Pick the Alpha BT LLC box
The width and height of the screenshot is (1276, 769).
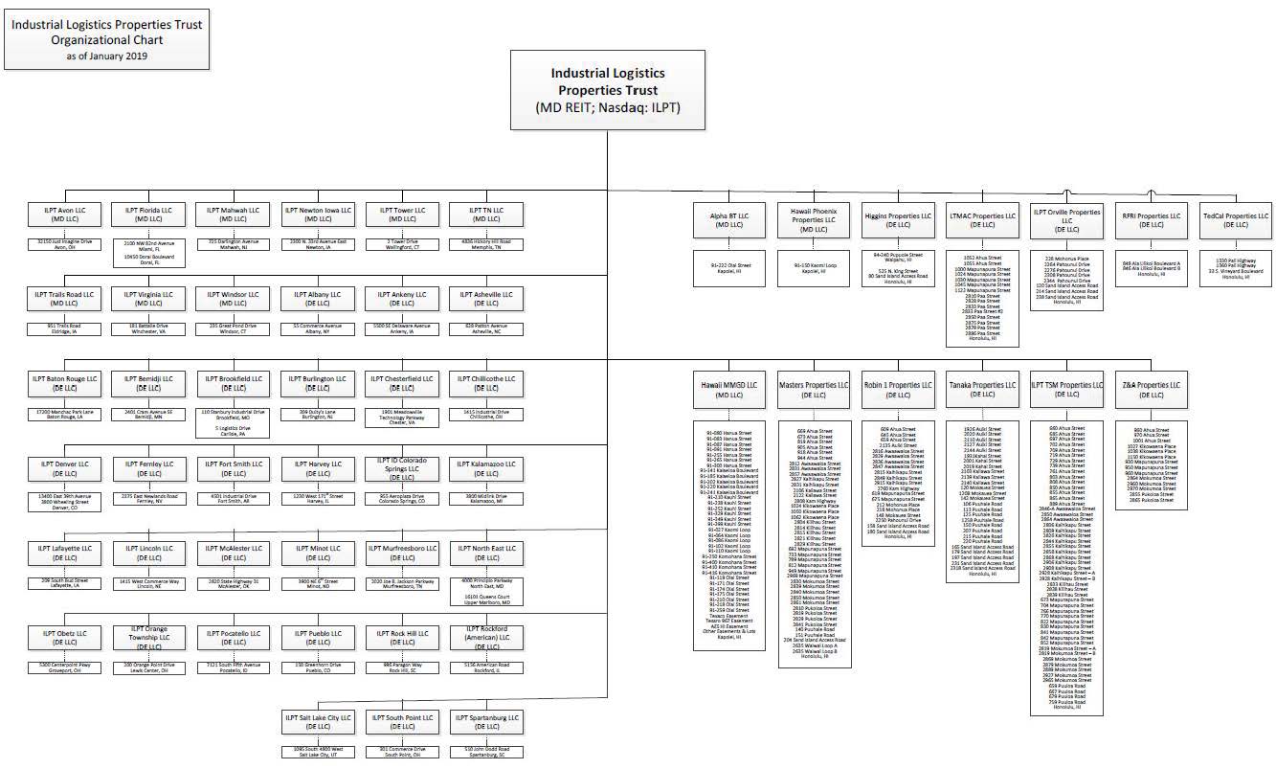730,222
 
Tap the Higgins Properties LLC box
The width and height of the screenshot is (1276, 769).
898,221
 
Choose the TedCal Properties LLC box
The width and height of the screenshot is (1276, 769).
1235,221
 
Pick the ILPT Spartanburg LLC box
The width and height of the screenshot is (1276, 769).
486,722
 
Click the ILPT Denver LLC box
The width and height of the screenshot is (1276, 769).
65,469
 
